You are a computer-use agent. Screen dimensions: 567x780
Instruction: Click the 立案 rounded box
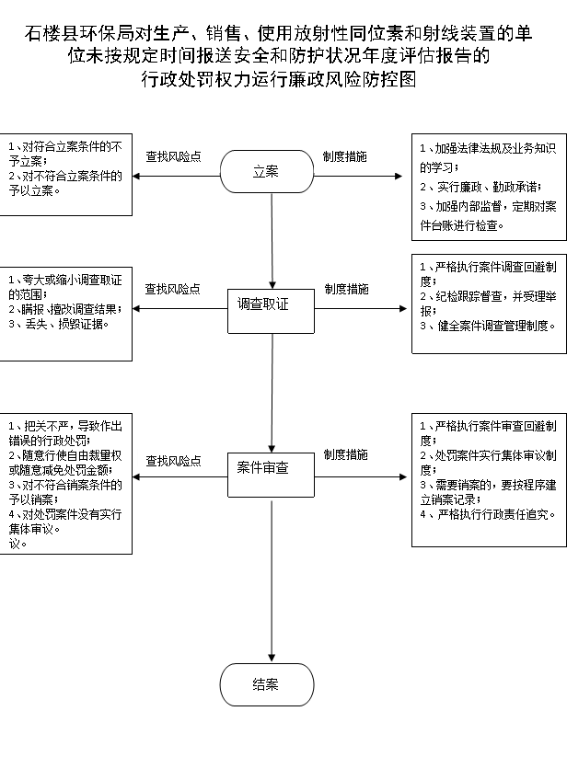click(267, 172)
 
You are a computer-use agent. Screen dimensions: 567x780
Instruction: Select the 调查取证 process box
click(271, 311)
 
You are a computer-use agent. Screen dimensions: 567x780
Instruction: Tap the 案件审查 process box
click(271, 475)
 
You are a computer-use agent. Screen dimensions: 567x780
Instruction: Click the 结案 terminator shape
click(267, 684)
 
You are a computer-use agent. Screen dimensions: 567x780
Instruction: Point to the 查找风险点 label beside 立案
click(173, 156)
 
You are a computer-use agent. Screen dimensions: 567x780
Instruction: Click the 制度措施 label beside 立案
click(345, 156)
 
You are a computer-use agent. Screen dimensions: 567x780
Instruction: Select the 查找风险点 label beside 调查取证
click(173, 289)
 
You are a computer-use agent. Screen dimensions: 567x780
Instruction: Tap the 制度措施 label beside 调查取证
click(346, 289)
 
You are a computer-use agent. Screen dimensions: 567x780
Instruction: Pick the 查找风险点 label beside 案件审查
click(173, 461)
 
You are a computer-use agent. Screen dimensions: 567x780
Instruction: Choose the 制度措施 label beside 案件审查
click(345, 454)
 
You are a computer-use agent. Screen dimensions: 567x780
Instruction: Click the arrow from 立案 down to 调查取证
click(272, 241)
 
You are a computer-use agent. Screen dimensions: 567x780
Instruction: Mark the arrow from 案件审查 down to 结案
click(272, 581)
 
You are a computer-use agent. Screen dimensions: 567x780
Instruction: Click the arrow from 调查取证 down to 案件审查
click(272, 393)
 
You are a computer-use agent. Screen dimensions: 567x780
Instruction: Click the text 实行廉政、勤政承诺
click(490, 187)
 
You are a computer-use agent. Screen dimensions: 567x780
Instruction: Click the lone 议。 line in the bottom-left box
click(17, 544)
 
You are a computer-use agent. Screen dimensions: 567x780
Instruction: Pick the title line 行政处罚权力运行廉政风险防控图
click(279, 79)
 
